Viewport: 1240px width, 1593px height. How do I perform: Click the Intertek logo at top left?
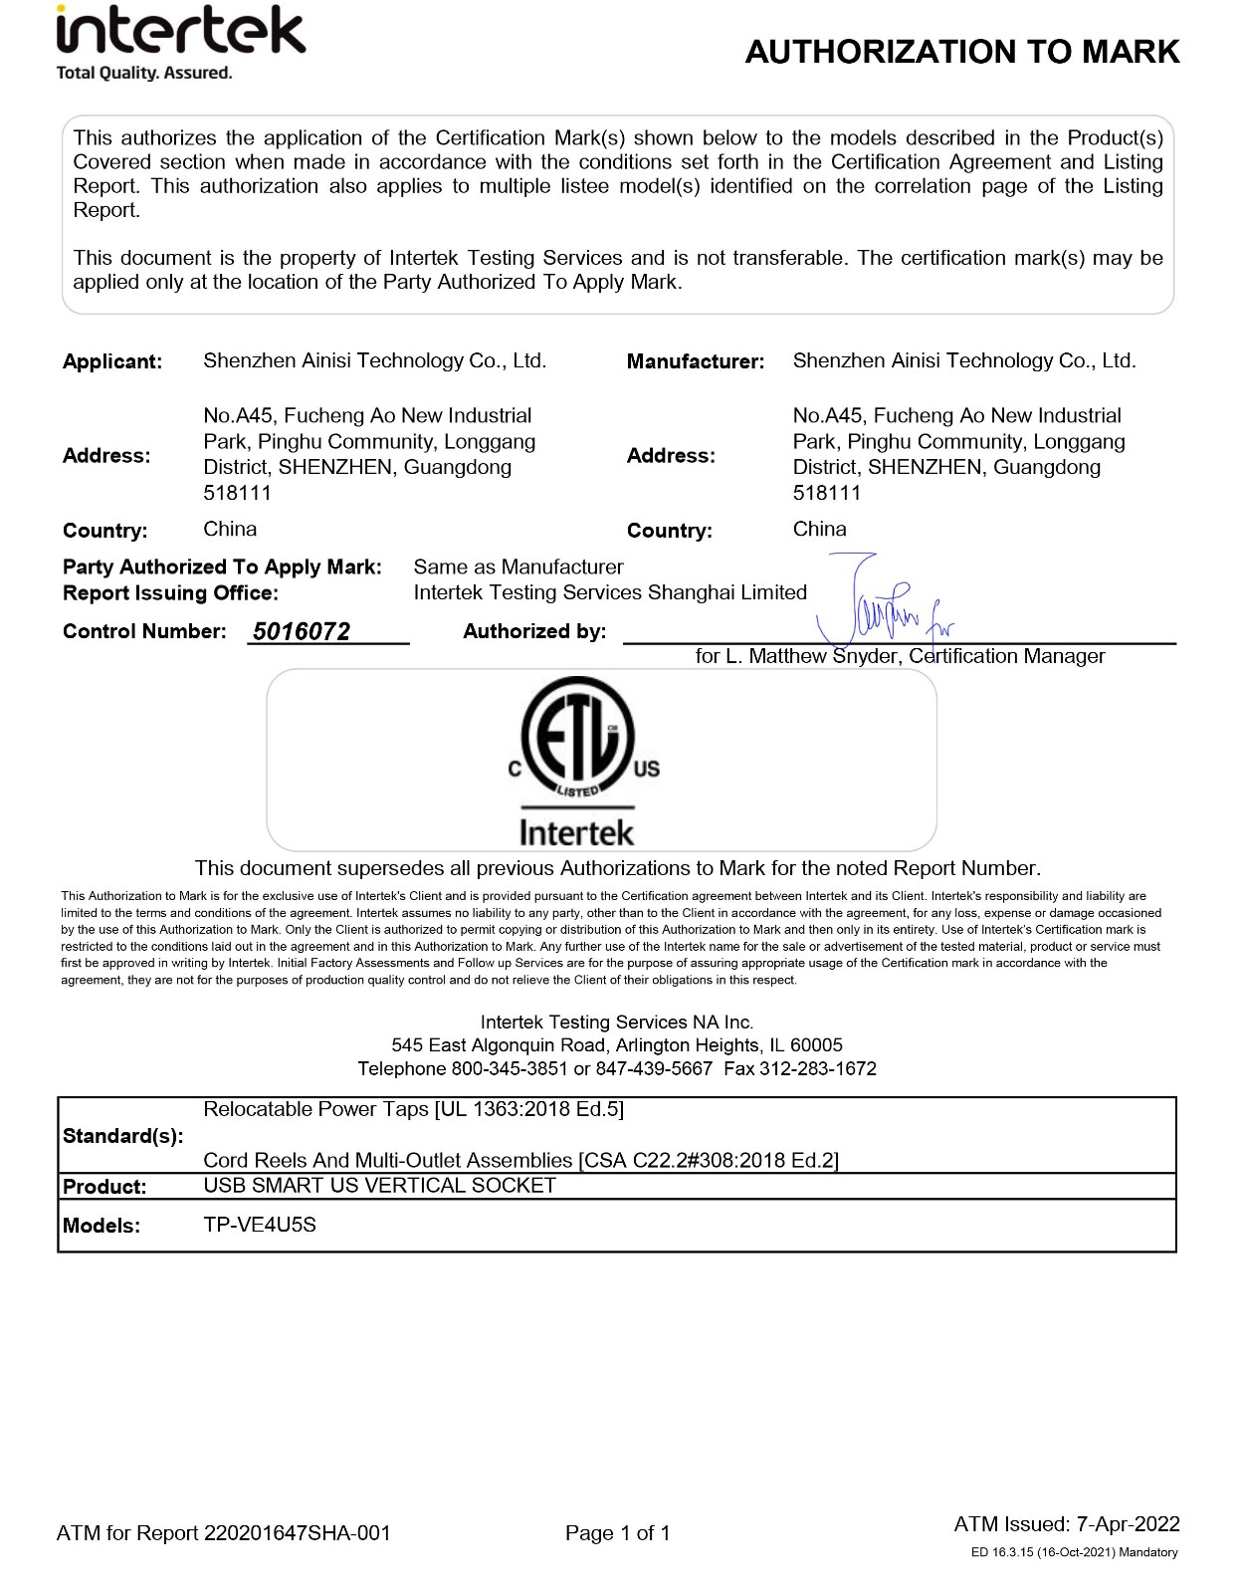tap(180, 32)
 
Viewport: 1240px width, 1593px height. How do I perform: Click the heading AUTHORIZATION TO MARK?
tap(961, 52)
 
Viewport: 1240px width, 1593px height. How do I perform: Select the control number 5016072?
tap(302, 631)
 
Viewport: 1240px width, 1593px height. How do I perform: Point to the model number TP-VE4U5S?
tap(260, 1225)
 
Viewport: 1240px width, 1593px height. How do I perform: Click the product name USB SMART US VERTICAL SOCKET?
tap(379, 1186)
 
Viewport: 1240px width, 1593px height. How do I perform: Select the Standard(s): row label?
tap(122, 1136)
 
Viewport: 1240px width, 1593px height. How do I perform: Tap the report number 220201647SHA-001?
tap(297, 1533)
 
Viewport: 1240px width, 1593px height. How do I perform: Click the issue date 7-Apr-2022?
tap(1129, 1524)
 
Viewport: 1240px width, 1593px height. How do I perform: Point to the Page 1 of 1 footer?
tap(617, 1533)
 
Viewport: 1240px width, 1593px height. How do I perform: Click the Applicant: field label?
tap(112, 361)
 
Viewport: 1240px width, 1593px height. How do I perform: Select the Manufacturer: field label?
tap(695, 361)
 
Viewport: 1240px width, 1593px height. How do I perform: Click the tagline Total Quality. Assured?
tap(144, 73)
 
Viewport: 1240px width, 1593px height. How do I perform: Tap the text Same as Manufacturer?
tap(518, 568)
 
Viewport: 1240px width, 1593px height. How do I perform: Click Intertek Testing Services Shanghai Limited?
tap(610, 593)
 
